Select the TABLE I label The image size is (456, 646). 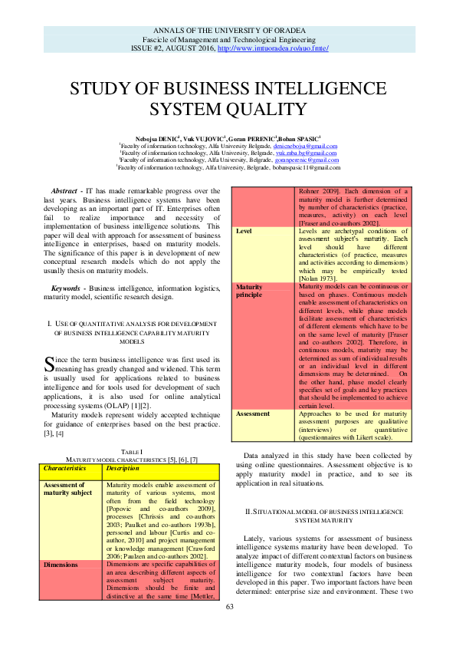click(x=131, y=452)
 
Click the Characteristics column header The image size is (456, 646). click(x=64, y=467)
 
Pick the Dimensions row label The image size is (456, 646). click(x=61, y=564)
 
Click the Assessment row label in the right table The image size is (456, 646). click(x=254, y=414)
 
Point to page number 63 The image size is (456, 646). click(x=228, y=629)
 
